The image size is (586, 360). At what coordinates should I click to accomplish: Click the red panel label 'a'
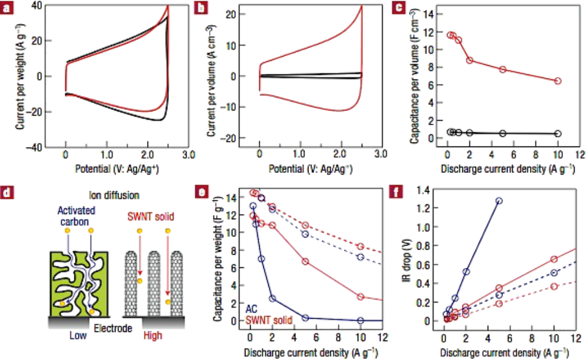point(7,9)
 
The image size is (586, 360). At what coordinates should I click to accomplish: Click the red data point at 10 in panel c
point(558,81)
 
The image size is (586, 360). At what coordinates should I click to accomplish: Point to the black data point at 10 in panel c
point(558,133)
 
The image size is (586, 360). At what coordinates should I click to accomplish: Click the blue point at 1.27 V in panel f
point(499,201)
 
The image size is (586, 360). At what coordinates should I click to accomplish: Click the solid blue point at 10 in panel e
point(361,321)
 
